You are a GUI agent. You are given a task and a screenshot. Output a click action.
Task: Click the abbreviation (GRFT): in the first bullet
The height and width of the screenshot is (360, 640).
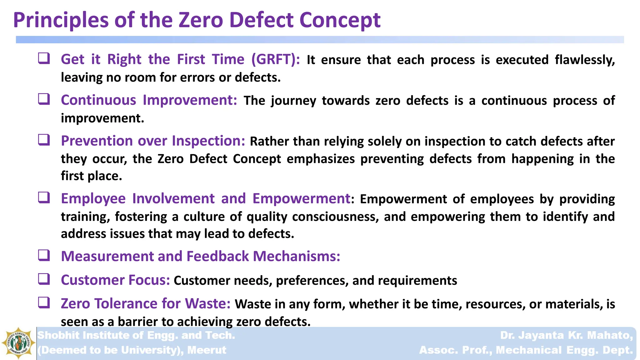(276, 59)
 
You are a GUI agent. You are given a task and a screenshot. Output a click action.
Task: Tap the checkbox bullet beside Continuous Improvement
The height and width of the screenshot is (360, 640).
(44, 99)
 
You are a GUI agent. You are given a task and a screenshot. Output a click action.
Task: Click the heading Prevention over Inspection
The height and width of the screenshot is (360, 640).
(153, 141)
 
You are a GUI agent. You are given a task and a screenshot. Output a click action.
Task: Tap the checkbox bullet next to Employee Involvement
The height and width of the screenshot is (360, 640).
(44, 197)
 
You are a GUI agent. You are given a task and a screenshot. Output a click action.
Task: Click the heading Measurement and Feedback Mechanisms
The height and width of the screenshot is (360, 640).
(200, 256)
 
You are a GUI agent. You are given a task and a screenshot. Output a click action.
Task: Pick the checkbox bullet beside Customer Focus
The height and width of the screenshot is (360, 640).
(44, 279)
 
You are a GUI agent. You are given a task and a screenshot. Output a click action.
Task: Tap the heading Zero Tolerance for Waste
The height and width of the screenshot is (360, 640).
(145, 304)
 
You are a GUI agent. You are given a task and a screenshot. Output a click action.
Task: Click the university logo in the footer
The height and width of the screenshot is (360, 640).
(18, 343)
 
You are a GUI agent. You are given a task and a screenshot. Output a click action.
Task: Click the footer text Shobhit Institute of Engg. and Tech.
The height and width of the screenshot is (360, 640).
(136, 335)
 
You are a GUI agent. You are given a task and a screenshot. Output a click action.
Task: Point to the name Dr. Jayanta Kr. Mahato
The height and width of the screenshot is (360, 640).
(566, 335)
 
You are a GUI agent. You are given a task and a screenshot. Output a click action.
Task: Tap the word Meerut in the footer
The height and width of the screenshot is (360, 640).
(207, 350)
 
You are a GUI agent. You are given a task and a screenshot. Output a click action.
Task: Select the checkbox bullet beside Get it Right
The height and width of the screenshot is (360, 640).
(44, 58)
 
